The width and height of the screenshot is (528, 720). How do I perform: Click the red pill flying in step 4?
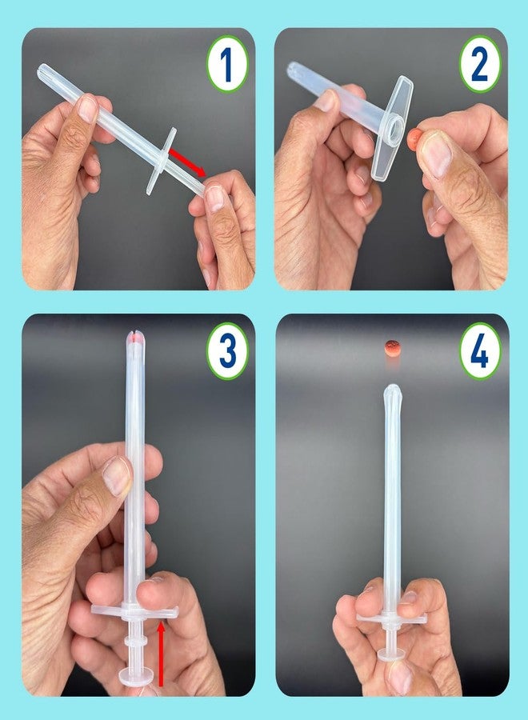click(393, 346)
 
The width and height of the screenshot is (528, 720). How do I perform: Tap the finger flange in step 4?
click(390, 617)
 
